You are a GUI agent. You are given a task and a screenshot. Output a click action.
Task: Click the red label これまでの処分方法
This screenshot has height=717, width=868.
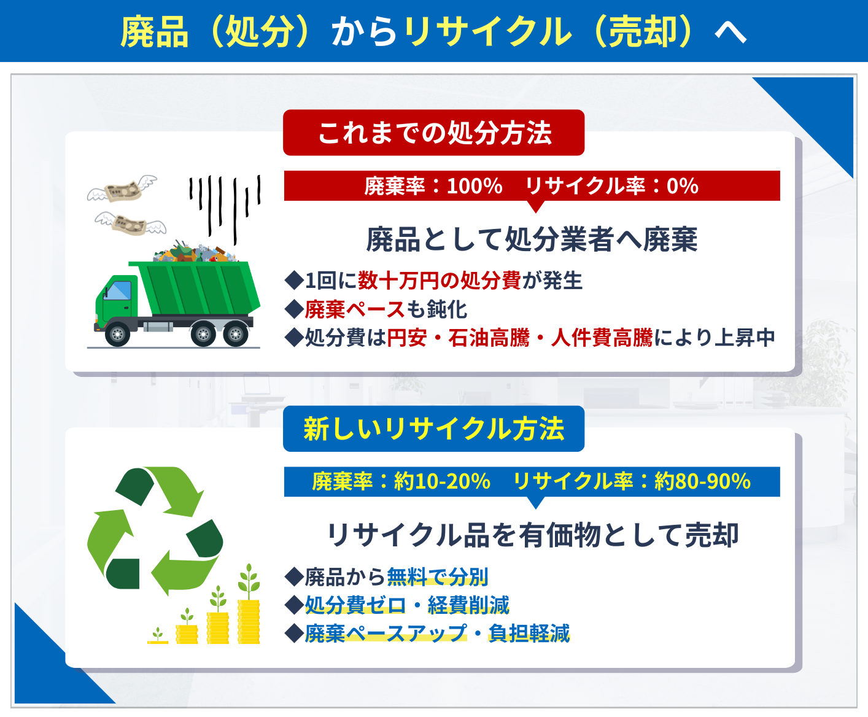[433, 133]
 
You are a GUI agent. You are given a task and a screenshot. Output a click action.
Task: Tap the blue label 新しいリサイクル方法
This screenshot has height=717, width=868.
[433, 428]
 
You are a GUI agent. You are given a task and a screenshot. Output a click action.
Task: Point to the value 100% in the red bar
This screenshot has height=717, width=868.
[475, 186]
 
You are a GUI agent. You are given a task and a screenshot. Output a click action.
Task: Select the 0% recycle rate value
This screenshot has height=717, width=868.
[683, 186]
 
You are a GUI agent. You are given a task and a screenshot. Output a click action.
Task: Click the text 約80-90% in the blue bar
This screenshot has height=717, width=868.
[702, 481]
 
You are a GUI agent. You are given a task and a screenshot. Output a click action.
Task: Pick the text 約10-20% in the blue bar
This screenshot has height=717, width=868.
[443, 481]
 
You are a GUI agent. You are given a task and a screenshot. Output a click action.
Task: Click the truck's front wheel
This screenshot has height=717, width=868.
[118, 333]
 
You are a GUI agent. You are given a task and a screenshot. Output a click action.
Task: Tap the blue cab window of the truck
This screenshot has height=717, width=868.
[118, 290]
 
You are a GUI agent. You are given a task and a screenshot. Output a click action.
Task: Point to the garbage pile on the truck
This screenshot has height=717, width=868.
[195, 251]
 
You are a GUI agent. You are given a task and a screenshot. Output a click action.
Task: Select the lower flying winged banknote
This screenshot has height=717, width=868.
[130, 224]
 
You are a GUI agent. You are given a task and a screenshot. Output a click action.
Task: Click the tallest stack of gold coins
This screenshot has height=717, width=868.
[249, 621]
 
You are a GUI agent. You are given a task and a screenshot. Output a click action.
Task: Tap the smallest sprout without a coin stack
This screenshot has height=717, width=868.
[158, 635]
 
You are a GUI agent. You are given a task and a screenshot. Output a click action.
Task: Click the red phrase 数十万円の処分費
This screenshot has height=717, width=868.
[439, 280]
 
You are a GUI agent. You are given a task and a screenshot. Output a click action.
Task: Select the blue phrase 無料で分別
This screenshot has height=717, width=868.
[437, 576]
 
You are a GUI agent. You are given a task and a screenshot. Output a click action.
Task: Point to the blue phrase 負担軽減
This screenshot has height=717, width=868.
[529, 633]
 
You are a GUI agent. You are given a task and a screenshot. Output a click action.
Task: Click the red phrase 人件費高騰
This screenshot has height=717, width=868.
[602, 337]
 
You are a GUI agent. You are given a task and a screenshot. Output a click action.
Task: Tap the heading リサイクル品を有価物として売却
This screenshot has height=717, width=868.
[532, 535]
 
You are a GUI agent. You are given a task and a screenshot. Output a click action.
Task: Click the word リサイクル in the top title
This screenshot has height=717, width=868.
[488, 31]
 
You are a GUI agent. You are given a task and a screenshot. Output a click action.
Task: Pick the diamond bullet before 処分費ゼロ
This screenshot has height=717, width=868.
[294, 605]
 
